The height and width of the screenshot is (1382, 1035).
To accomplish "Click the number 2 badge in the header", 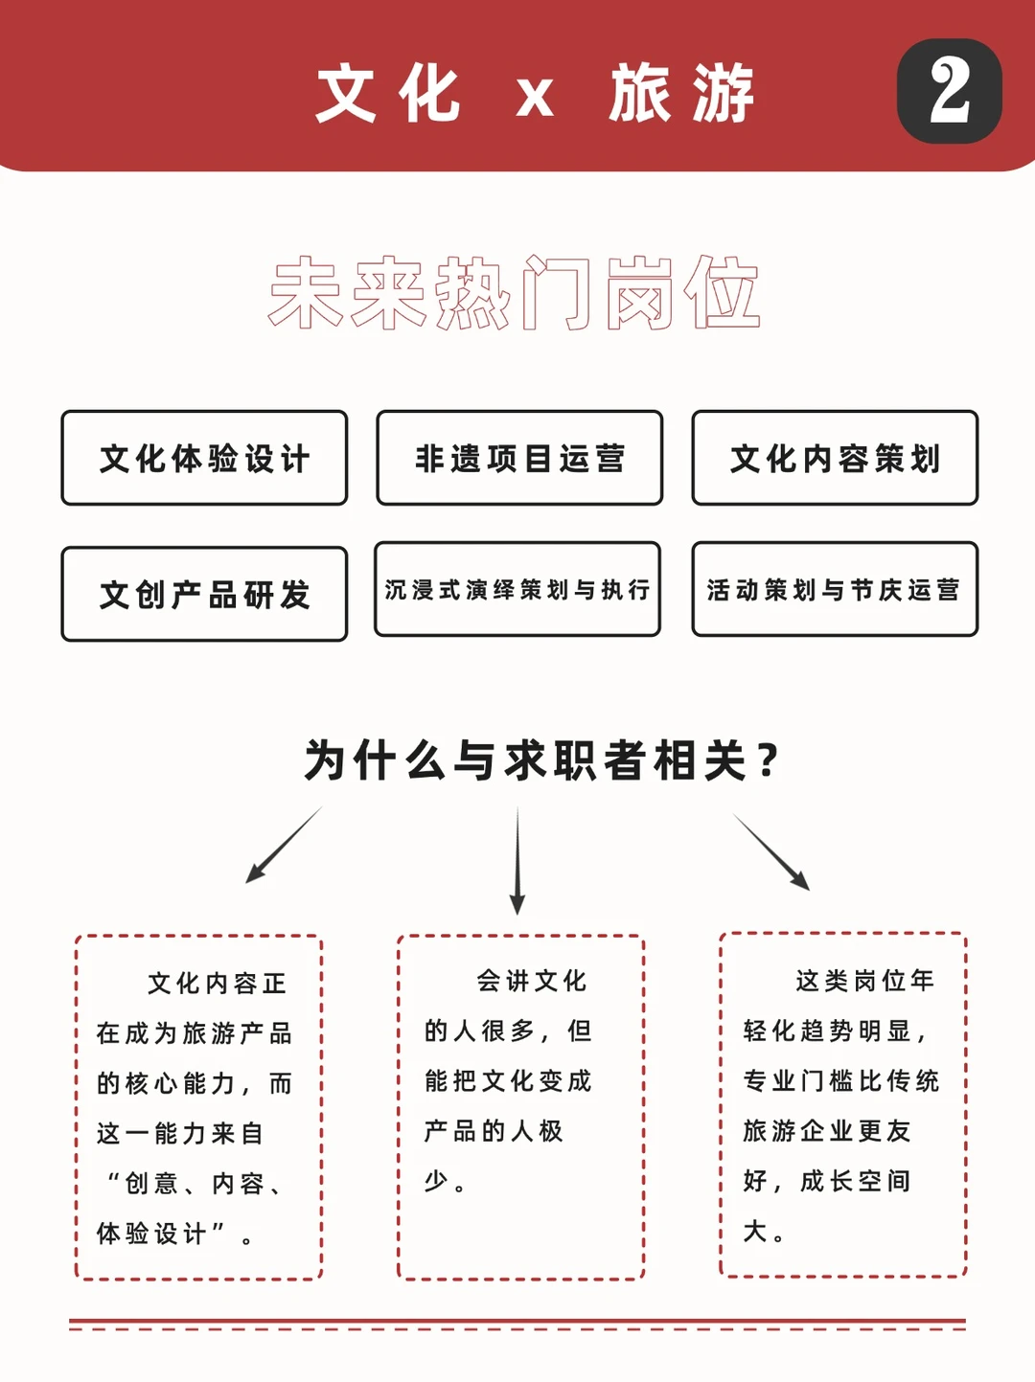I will tap(949, 91).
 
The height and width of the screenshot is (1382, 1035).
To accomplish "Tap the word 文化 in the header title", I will tap(388, 94).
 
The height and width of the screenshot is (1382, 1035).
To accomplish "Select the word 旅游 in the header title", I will tap(681, 94).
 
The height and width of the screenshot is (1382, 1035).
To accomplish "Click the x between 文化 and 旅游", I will tap(535, 97).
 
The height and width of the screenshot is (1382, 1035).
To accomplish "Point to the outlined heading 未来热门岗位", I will tap(515, 293).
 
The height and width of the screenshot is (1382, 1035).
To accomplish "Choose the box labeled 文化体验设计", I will tap(204, 459).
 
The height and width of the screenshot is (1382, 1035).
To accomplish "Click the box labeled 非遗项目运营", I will tap(519, 459).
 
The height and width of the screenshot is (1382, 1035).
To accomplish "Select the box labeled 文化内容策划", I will tap(835, 459).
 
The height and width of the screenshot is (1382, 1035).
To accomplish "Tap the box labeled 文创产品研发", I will tap(204, 595).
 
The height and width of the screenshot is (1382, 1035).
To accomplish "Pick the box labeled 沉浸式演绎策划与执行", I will tap(517, 590).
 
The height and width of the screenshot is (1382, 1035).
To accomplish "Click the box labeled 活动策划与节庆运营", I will tap(835, 590).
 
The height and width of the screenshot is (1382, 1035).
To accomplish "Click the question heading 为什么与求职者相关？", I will tap(542, 761).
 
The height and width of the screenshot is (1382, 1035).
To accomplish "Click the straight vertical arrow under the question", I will tap(517, 860).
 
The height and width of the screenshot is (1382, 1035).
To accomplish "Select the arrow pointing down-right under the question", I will tap(771, 851).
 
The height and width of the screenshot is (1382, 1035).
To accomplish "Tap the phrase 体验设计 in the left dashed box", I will tap(151, 1234).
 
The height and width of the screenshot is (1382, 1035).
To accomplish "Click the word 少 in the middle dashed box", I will tap(436, 1181).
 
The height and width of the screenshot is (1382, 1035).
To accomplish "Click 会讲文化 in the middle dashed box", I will tap(532, 981).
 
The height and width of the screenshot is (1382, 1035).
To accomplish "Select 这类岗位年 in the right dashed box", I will tap(864, 981).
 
